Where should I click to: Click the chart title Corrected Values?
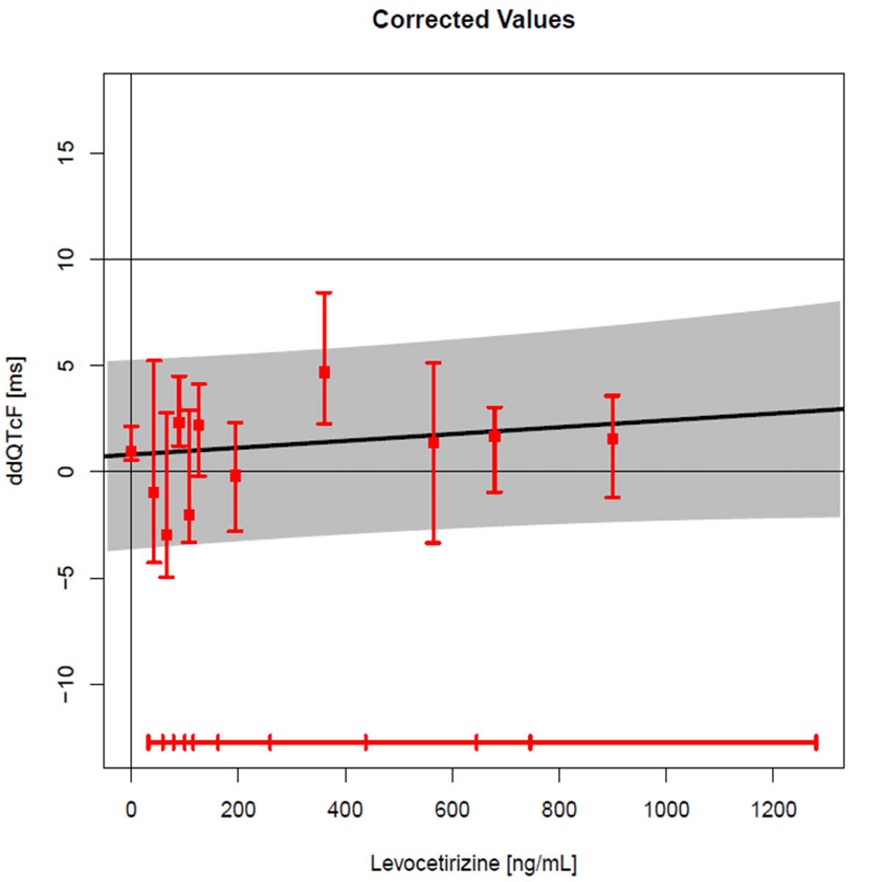pos(473,20)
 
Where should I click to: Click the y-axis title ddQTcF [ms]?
pos(15,420)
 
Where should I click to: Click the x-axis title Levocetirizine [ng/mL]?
pos(473,863)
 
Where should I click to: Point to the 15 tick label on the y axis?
pos(66,153)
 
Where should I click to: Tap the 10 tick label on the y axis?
pos(66,259)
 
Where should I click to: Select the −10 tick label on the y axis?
pos(66,684)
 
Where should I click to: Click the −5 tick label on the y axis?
pos(66,578)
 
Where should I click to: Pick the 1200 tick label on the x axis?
pos(773,810)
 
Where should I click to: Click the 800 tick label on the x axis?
pos(559,810)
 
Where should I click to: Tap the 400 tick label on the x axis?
pos(345,810)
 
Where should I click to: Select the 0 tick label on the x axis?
pos(131,810)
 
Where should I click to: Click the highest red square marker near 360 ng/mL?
pos(324,373)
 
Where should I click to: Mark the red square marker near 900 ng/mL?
pos(612,439)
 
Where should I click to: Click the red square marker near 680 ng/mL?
pos(495,436)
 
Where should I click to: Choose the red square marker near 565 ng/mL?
pos(434,442)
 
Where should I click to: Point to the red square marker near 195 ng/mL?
pos(235,476)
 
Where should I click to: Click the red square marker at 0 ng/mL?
pos(131,451)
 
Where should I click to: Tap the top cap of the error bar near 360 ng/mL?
pos(324,293)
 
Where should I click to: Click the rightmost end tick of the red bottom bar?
pos(816,742)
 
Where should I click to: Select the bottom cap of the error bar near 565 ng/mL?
pos(434,542)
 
